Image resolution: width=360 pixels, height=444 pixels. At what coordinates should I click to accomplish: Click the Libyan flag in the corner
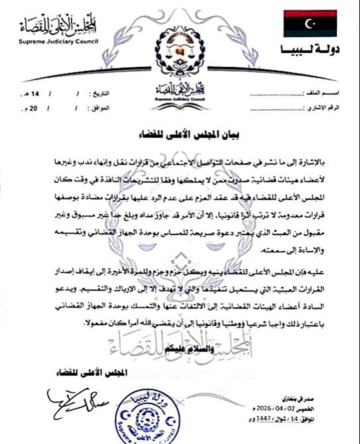pyautogui.click(x=310, y=23)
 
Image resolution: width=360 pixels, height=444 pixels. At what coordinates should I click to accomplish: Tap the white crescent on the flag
pyautogui.click(x=309, y=23)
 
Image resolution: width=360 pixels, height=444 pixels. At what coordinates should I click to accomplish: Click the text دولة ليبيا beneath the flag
pyautogui.click(x=310, y=50)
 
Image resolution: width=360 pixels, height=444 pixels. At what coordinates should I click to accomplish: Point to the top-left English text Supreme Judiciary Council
pyautogui.click(x=58, y=42)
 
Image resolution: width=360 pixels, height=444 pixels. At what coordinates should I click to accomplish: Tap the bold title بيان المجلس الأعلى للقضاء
pyautogui.click(x=189, y=135)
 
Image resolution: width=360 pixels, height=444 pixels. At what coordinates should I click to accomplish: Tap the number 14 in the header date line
pyautogui.click(x=35, y=94)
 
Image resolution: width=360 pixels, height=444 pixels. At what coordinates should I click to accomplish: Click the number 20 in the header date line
pyautogui.click(x=33, y=109)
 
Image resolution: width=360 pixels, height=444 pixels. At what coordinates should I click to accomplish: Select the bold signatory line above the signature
pyautogui.click(x=92, y=372)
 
